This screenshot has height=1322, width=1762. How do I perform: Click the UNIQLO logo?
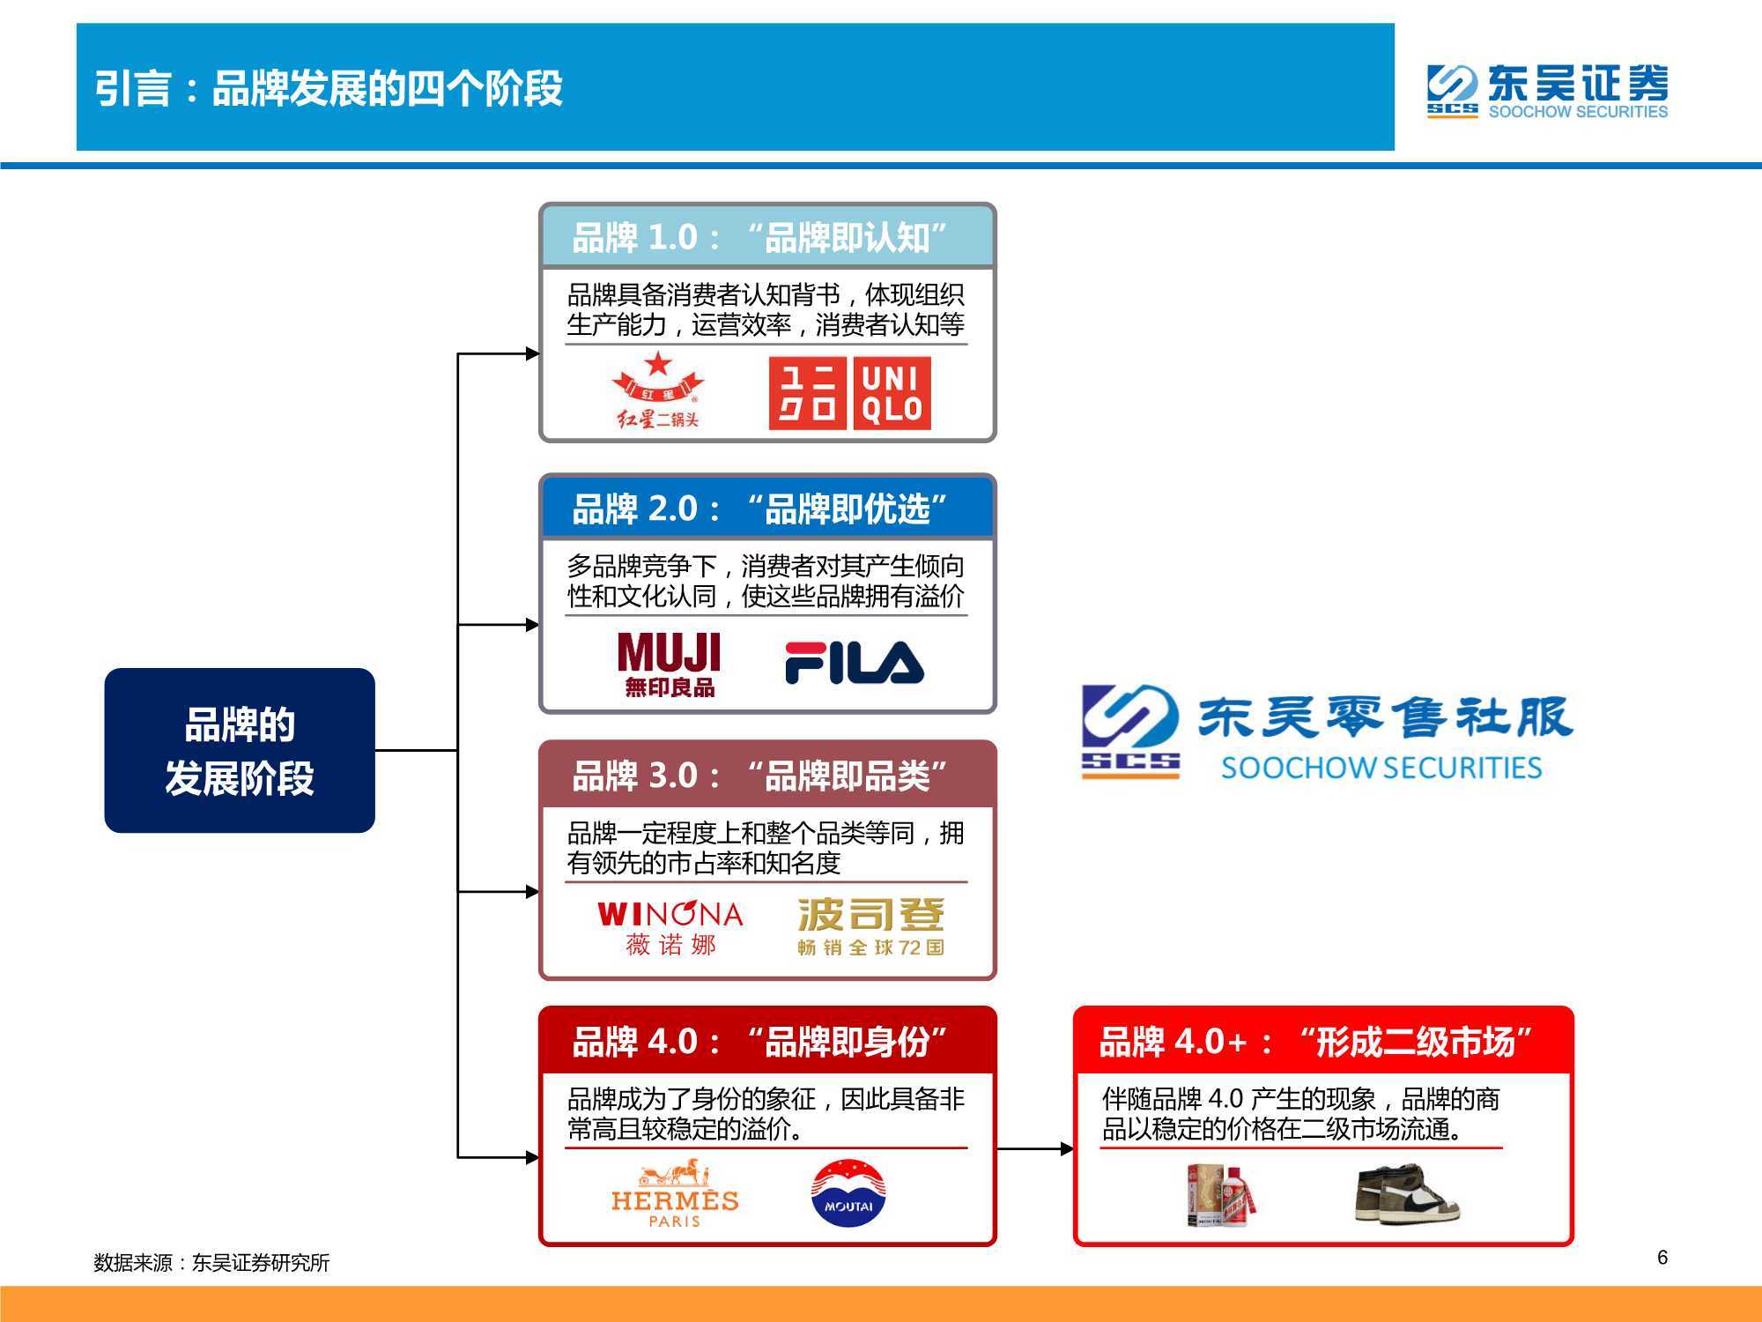[x=849, y=393]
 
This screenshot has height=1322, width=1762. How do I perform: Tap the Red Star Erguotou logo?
[x=658, y=390]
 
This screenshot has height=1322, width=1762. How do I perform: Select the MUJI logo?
[x=670, y=665]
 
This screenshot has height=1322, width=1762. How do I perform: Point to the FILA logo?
[x=854, y=663]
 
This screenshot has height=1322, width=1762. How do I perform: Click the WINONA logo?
[x=670, y=927]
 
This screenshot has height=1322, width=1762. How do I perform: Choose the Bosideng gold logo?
[x=871, y=927]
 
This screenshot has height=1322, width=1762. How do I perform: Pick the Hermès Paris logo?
[x=675, y=1194]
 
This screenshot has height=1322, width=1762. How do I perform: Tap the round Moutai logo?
[x=848, y=1193]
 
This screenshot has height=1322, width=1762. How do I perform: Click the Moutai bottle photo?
[x=1220, y=1195]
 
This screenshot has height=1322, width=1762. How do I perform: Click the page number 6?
[x=1662, y=1258]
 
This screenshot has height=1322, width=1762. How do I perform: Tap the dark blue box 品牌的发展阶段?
[x=240, y=750]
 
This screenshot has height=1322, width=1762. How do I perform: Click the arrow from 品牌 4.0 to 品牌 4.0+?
[x=1035, y=1148]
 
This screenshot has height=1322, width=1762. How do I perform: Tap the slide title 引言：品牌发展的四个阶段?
[x=329, y=88]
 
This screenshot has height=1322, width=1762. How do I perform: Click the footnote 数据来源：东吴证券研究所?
[x=211, y=1263]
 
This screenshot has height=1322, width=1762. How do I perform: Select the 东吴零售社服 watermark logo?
[x=1327, y=733]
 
